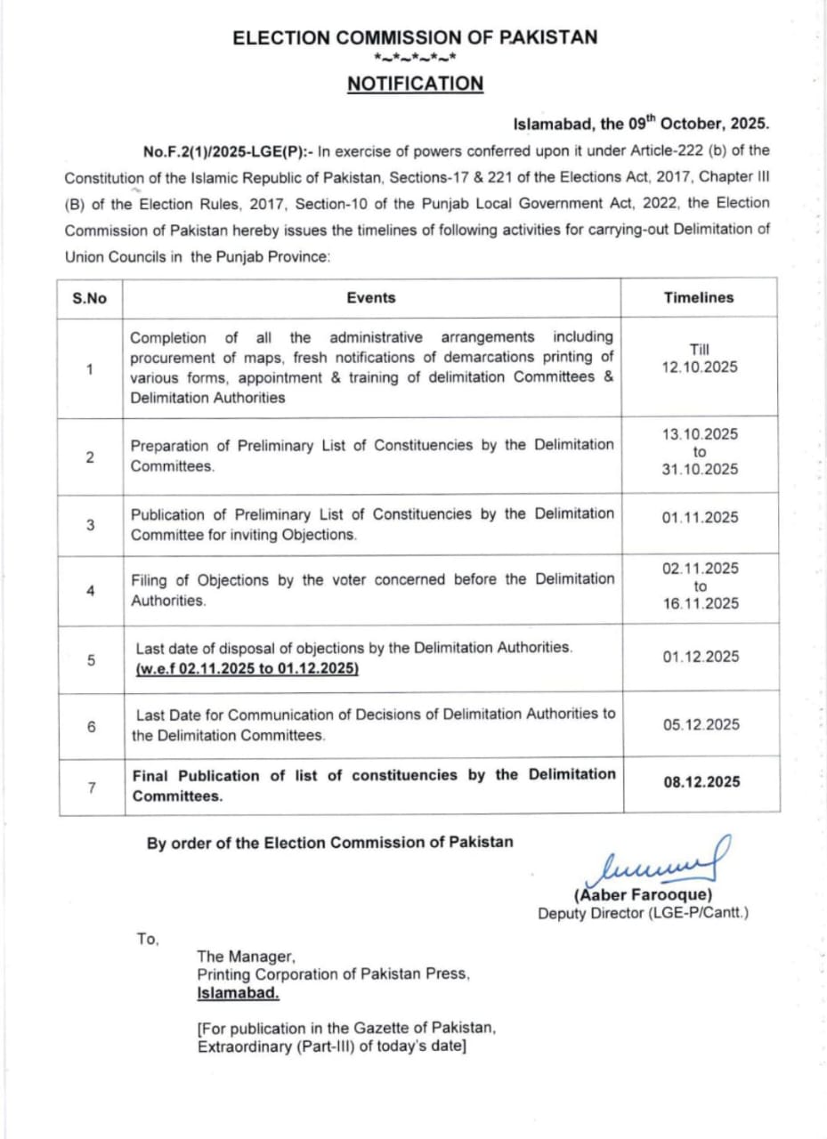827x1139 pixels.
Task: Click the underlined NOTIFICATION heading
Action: click(415, 84)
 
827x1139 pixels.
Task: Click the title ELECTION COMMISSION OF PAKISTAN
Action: click(415, 37)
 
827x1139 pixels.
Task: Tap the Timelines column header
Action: click(699, 298)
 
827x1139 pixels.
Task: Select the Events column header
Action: click(371, 298)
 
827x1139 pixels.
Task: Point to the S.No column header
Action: click(90, 298)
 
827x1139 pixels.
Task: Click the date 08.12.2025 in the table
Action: click(701, 782)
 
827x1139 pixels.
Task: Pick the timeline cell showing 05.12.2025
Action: click(701, 724)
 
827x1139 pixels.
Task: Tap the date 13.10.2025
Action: click(700, 434)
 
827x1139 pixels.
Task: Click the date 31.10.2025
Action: click(700, 470)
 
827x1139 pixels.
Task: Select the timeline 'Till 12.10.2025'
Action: click(700, 359)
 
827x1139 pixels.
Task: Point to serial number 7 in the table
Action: click(91, 786)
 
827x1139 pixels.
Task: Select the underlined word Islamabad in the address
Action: click(238, 991)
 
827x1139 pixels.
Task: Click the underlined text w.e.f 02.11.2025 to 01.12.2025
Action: click(247, 667)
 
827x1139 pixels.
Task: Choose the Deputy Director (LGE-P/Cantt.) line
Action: click(643, 913)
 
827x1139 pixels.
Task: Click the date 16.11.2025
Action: click(700, 603)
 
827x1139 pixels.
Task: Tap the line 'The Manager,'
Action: click(246, 957)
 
